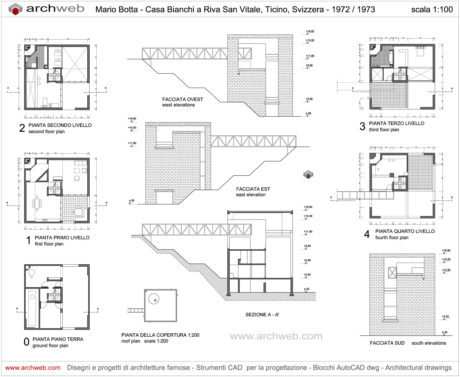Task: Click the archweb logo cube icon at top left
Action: [x=15, y=9]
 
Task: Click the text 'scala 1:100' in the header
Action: [x=432, y=9]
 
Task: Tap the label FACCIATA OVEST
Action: [x=183, y=99]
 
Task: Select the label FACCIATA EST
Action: [x=253, y=189]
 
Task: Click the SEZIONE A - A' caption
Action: [x=262, y=315]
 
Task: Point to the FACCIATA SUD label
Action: [x=387, y=343]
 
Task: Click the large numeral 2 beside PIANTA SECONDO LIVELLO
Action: [x=22, y=128]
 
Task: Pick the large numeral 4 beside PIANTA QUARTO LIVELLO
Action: [x=367, y=234]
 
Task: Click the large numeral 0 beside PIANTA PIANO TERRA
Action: [x=26, y=342]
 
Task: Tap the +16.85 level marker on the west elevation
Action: [x=310, y=32]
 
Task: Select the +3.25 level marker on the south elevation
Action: [x=445, y=317]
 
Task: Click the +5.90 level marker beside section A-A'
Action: [x=307, y=260]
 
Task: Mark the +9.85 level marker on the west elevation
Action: [x=309, y=66]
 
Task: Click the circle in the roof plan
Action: [x=154, y=299]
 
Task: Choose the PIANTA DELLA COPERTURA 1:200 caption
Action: [x=160, y=335]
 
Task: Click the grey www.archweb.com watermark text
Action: [x=276, y=336]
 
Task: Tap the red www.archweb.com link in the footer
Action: [x=33, y=368]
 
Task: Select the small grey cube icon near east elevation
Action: [x=308, y=174]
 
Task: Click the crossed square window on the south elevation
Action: [x=392, y=272]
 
